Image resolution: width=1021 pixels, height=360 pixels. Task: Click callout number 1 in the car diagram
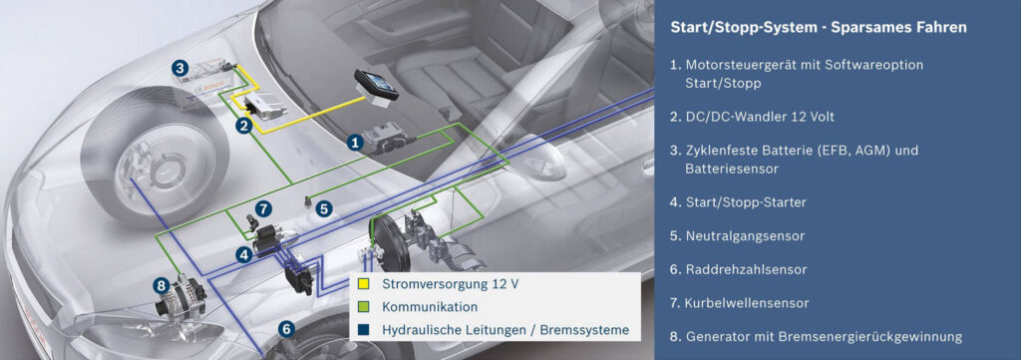[353, 143]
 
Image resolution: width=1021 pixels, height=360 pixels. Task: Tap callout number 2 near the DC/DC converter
[242, 126]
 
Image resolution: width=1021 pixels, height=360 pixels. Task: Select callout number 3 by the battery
[178, 68]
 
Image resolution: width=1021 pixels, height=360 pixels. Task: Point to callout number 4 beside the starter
[242, 254]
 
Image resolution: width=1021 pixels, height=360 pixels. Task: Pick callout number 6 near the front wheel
[286, 327]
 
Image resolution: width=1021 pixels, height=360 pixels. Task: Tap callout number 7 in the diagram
[262, 208]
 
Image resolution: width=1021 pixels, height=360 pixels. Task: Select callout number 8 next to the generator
[161, 285]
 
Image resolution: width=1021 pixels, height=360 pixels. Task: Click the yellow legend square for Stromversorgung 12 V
[364, 283]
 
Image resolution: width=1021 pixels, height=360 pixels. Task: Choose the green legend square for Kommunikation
[364, 307]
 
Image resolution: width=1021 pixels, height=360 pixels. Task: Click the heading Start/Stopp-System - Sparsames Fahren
[818, 27]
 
